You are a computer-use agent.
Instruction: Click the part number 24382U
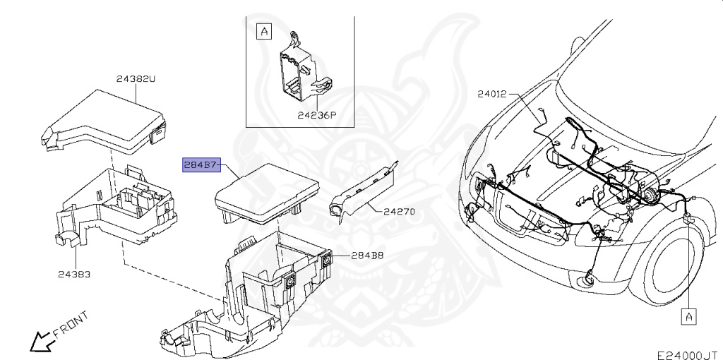click(135, 80)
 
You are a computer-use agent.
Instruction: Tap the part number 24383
click(73, 273)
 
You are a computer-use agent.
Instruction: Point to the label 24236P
click(316, 115)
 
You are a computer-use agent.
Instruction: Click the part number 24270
click(400, 211)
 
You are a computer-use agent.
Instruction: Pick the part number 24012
click(491, 93)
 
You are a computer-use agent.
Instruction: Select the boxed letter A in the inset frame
click(263, 32)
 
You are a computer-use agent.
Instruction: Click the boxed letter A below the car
click(688, 317)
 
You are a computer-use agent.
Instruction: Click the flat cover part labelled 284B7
click(268, 191)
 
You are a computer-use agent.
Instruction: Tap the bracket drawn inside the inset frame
click(299, 71)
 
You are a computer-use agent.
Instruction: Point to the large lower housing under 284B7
click(247, 296)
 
